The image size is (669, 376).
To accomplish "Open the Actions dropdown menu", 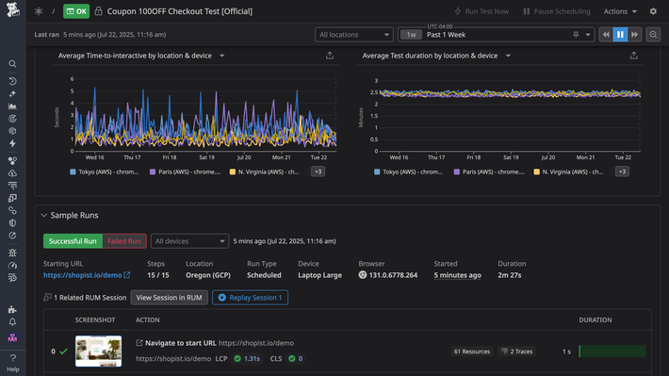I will (620, 11).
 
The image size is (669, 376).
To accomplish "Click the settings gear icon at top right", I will (654, 11).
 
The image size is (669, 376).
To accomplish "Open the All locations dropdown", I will (354, 35).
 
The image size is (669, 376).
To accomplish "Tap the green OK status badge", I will (76, 11).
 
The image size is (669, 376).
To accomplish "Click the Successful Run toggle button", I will (73, 241).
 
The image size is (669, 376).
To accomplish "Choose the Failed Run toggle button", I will (124, 241).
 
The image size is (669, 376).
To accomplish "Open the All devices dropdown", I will (188, 241).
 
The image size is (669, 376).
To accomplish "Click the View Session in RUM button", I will (169, 298).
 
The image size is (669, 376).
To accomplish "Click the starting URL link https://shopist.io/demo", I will (82, 275).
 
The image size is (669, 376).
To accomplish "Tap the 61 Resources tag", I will (471, 351).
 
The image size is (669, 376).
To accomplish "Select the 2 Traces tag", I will (517, 351).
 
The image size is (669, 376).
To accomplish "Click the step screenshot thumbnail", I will (98, 351).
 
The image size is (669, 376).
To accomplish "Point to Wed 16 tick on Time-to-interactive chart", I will (94, 157).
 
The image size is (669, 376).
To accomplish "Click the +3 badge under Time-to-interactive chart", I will (318, 172).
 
